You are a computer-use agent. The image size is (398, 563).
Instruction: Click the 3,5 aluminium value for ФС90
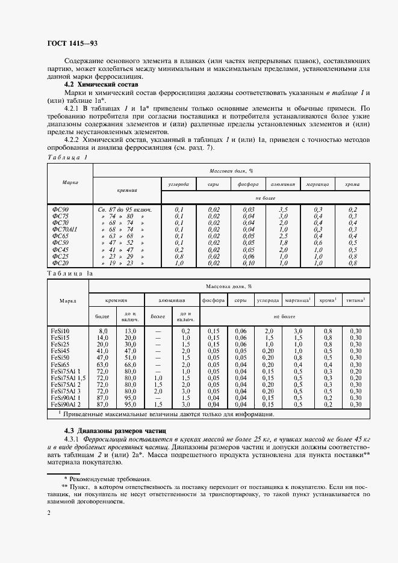pos(283,209)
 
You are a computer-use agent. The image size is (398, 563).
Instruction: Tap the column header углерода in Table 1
pos(179,183)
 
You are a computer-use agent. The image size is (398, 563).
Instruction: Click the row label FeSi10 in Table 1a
pos(61,331)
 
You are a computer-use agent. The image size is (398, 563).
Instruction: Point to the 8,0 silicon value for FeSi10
pos(102,331)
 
